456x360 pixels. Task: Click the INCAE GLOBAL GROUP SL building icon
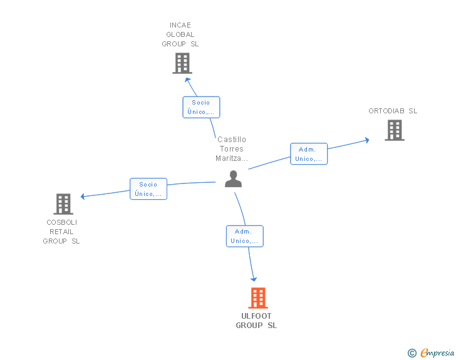point(182,63)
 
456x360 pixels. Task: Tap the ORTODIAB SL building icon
point(394,130)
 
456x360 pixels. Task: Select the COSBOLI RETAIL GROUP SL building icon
point(63,204)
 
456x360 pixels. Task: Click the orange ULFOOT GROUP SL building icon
point(257,298)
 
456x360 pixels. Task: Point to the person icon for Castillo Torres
point(233,179)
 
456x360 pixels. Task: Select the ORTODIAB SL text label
point(393,111)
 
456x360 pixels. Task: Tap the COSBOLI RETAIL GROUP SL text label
point(61,232)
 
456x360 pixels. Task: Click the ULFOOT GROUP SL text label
point(256,321)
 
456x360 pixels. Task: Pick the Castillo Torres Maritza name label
point(232,149)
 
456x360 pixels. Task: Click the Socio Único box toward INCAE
point(201,107)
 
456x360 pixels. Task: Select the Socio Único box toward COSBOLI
point(148,189)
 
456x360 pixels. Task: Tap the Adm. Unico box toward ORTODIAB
point(309,154)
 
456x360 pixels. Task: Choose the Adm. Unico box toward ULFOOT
point(244,236)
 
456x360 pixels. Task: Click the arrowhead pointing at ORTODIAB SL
point(366,140)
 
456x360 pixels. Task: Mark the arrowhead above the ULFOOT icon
point(254,278)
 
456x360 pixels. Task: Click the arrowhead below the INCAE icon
point(187,80)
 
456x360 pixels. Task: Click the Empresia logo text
point(437,353)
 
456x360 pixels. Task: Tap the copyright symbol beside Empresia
point(412,353)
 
